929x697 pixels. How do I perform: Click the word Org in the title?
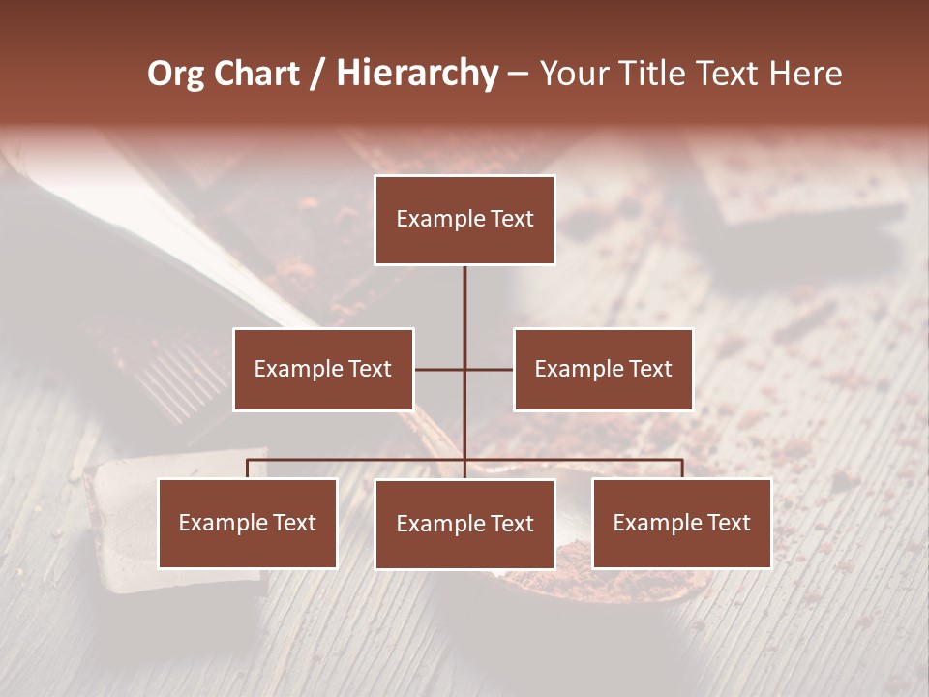(x=175, y=74)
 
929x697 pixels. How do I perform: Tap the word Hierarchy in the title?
(x=417, y=74)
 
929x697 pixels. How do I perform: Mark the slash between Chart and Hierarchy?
(x=317, y=75)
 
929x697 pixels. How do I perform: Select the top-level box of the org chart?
(x=464, y=220)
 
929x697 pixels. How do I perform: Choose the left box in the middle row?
(x=323, y=369)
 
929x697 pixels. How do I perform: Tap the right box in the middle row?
(x=603, y=369)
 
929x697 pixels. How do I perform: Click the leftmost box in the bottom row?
(x=248, y=523)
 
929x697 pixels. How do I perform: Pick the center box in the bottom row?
(x=464, y=524)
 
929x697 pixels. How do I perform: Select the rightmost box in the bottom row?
(x=681, y=523)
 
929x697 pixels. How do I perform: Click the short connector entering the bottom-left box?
(x=248, y=469)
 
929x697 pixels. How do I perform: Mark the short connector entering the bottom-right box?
(x=682, y=469)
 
